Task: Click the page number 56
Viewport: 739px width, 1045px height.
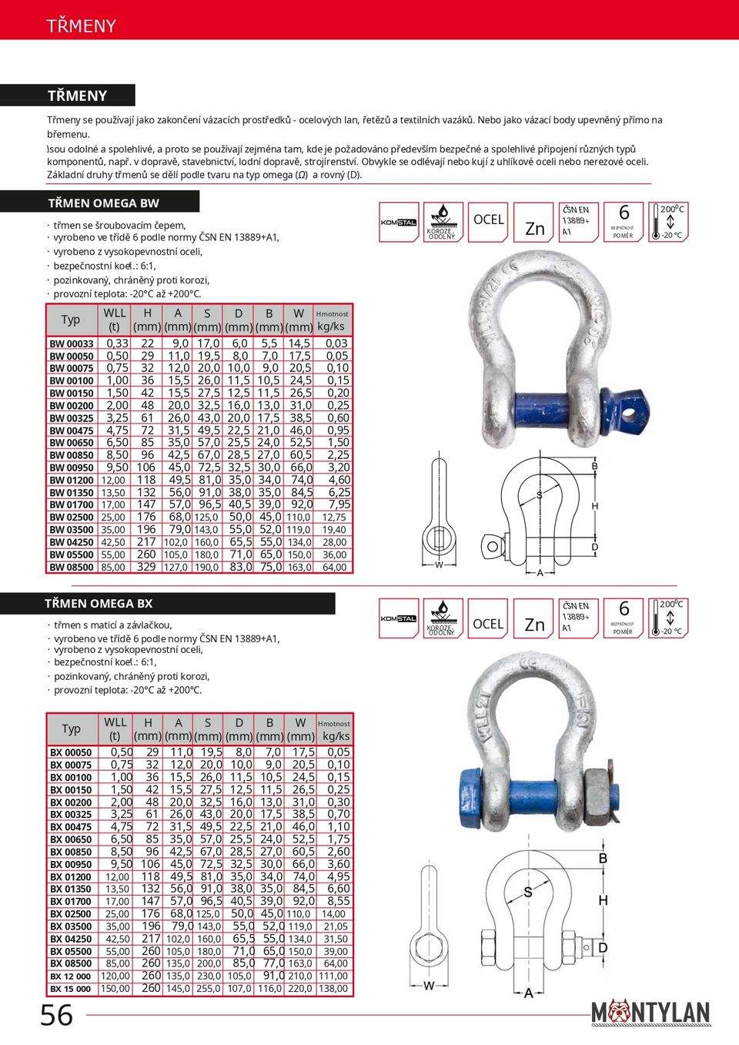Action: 57,1015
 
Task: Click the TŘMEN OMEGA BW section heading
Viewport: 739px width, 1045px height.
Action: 103,203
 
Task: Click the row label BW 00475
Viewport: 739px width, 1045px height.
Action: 72,430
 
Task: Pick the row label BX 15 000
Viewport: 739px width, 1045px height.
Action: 71,989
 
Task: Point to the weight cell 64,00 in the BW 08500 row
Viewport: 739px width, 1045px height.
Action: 334,568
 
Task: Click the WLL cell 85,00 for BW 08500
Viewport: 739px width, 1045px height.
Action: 113,568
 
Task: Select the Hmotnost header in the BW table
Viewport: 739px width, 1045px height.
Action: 332,314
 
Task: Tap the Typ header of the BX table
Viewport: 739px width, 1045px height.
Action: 72,728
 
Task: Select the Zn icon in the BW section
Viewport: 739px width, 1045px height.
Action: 534,223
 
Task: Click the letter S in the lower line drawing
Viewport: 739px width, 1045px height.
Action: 528,893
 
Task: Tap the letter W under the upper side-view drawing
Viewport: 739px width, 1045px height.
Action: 440,565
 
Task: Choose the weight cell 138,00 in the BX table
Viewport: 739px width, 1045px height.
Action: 333,989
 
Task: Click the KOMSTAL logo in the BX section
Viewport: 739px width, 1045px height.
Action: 399,618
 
